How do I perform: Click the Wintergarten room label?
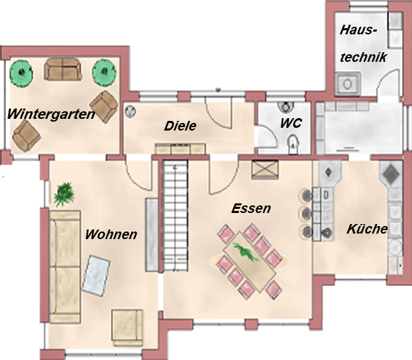(x=51, y=115)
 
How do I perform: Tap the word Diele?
(x=180, y=126)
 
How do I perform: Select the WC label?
(x=291, y=123)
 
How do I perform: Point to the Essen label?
(x=251, y=208)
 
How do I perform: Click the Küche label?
(x=367, y=229)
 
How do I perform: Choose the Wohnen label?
(x=111, y=234)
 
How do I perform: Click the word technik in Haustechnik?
(x=363, y=57)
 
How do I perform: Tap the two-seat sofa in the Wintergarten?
(x=62, y=69)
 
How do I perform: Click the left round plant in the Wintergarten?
(x=21, y=74)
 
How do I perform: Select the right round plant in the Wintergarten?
(x=104, y=72)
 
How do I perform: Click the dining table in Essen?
(x=249, y=261)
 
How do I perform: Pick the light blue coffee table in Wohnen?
(x=96, y=276)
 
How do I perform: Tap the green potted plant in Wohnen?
(x=64, y=194)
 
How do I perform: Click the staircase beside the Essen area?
(x=176, y=215)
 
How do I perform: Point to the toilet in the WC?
(x=293, y=144)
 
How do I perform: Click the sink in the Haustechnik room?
(x=348, y=84)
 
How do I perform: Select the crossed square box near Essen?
(x=265, y=169)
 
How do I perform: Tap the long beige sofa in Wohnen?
(x=65, y=267)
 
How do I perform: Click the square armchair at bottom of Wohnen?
(x=128, y=328)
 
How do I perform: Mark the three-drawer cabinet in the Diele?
(x=180, y=149)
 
